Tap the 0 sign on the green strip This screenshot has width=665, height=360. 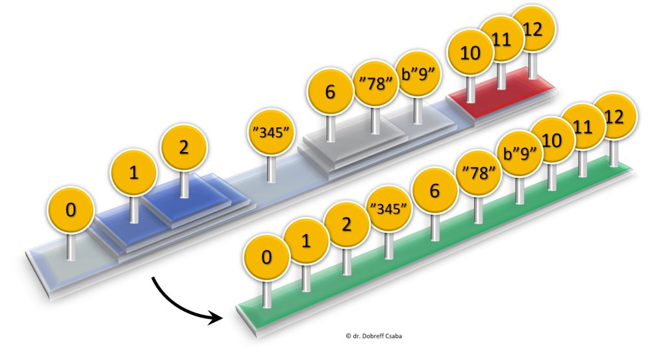click(266, 257)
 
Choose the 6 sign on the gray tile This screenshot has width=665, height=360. click(330, 92)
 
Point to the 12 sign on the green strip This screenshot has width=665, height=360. click(614, 117)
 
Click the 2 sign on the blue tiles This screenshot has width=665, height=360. click(184, 148)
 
